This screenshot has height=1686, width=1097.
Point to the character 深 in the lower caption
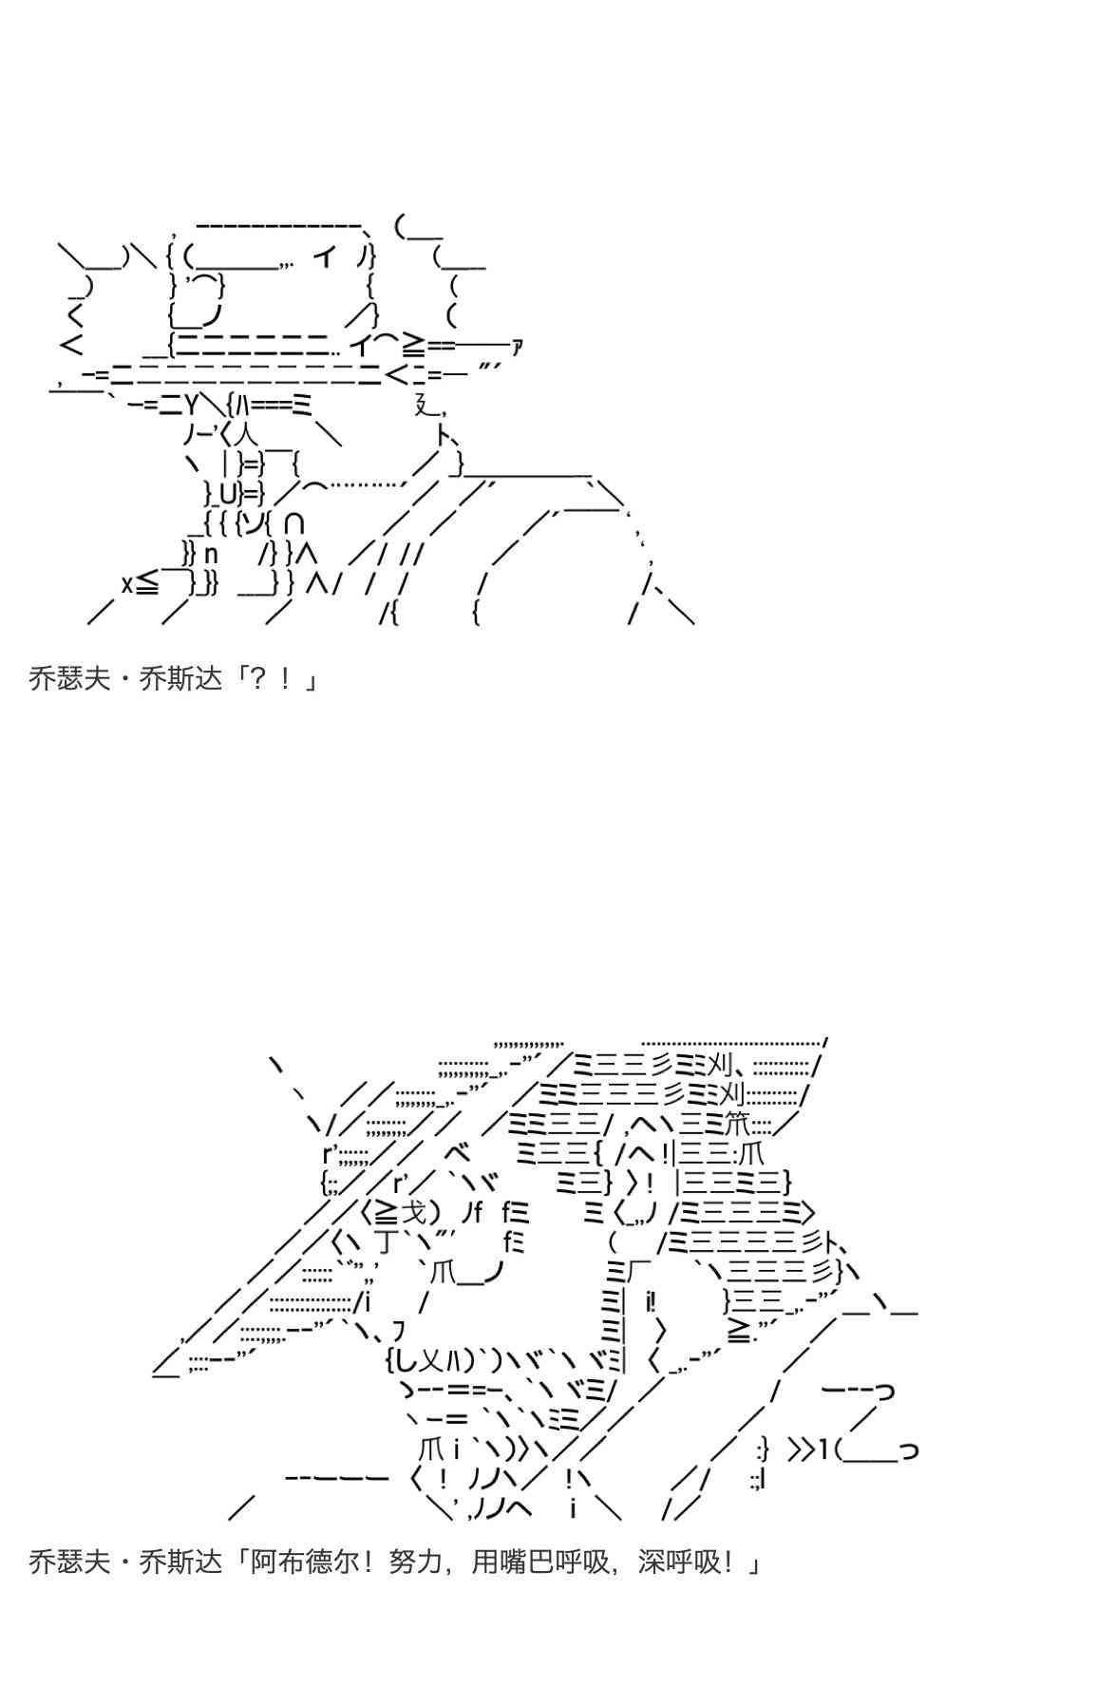pyautogui.click(x=652, y=1562)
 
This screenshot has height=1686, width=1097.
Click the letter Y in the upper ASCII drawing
pyautogui.click(x=191, y=405)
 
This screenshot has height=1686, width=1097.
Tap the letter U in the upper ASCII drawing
pyautogui.click(x=229, y=494)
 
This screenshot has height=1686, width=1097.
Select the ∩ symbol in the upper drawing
pyautogui.click(x=294, y=523)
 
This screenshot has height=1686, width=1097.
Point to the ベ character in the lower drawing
pyautogui.click(x=457, y=1153)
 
